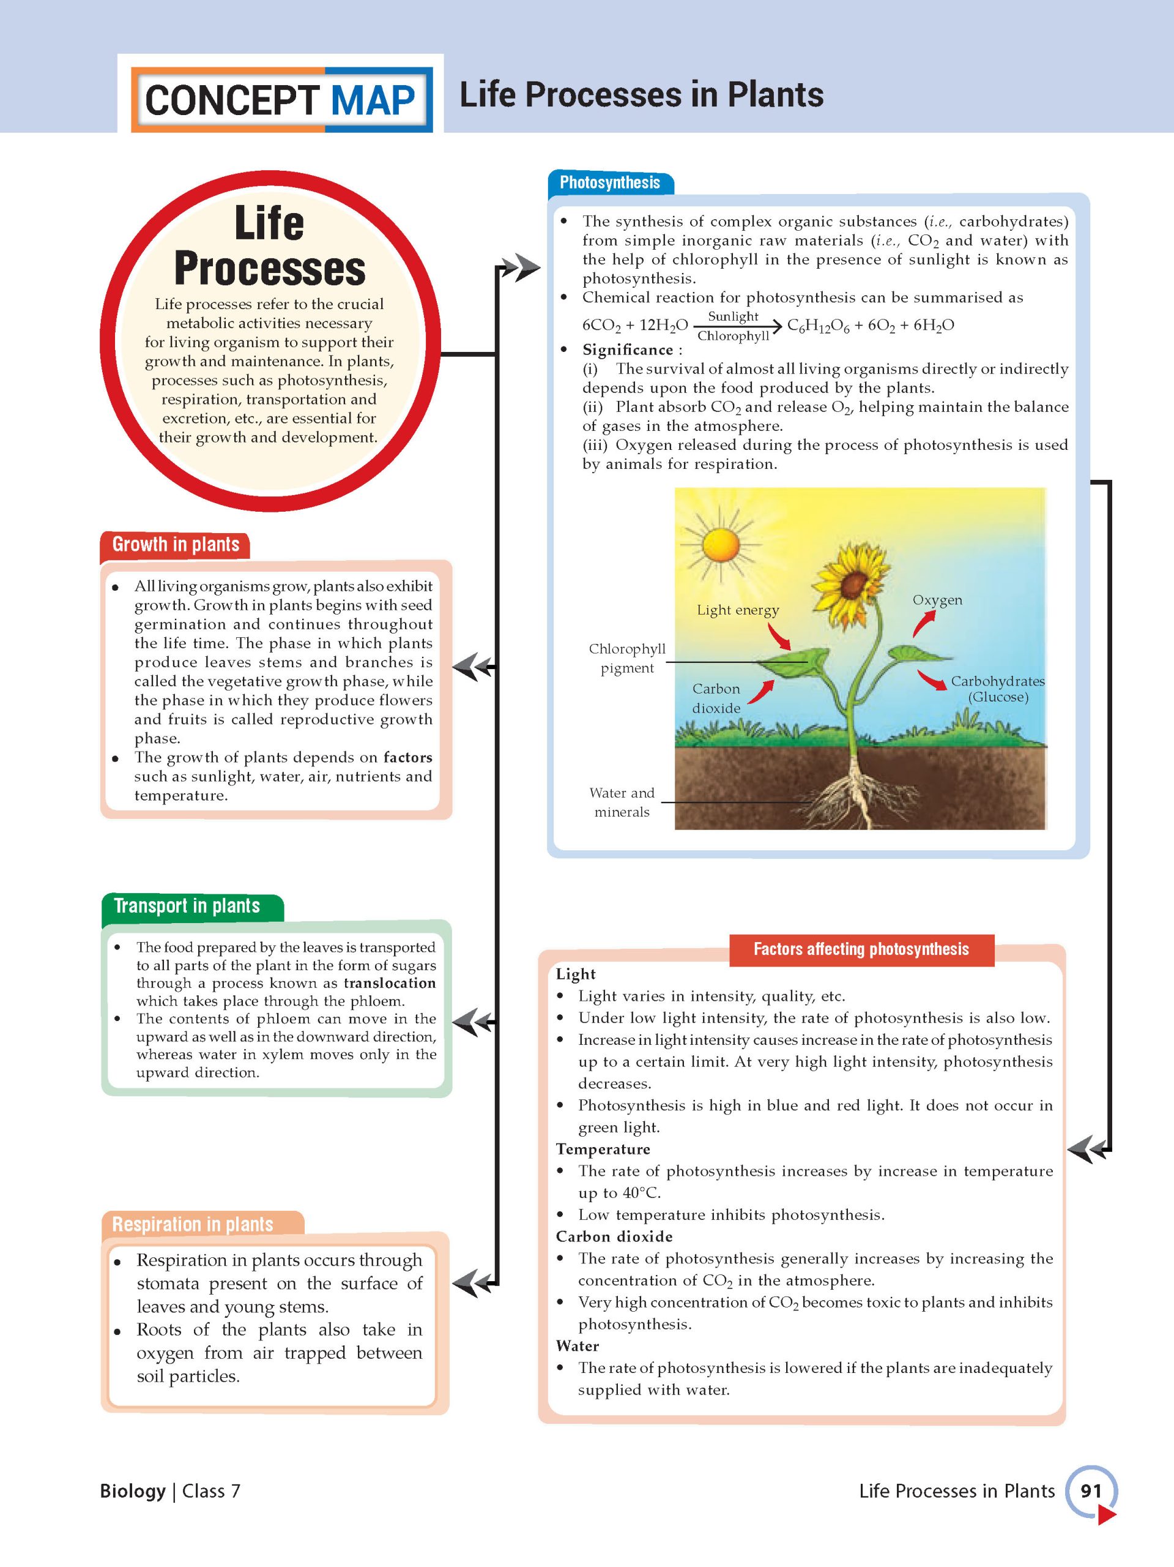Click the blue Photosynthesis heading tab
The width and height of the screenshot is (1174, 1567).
[x=610, y=183]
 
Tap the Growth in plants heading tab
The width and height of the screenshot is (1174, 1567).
[x=176, y=545]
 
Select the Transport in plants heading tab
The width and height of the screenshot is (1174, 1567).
[x=187, y=906]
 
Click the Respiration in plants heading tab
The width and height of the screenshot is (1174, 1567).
[x=193, y=1224]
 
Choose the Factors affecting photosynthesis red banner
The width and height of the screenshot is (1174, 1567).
[x=861, y=949]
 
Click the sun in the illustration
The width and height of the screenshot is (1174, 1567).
[x=720, y=545]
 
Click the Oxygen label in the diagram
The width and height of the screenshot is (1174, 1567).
[x=937, y=600]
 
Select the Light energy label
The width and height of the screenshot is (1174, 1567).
[x=737, y=610]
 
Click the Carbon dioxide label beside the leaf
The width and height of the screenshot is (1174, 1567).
[x=716, y=698]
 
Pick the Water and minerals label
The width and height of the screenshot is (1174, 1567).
[x=622, y=802]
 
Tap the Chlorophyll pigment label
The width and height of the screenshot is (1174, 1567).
[x=626, y=658]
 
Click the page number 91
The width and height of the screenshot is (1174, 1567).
[x=1090, y=1490]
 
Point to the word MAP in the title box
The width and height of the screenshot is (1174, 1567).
[x=373, y=100]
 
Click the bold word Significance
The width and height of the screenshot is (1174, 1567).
[x=627, y=350]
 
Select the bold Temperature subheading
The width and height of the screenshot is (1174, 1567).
[x=603, y=1149]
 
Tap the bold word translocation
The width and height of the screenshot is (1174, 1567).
[x=390, y=983]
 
